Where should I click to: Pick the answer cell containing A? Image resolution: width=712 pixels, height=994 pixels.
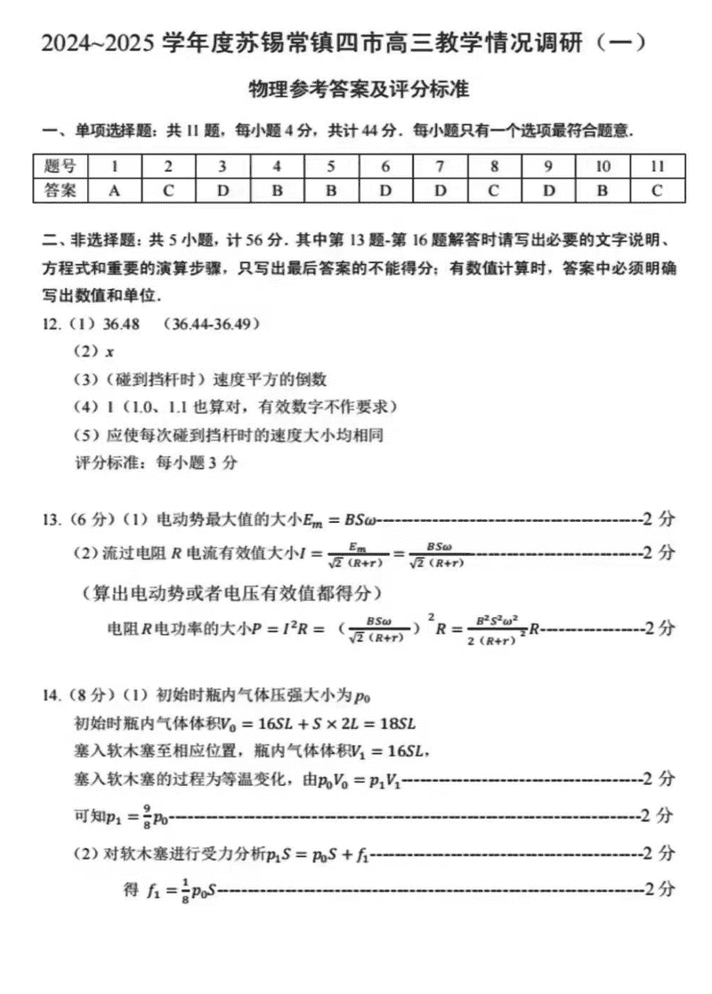114,189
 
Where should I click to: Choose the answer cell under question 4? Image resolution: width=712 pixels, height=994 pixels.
277,189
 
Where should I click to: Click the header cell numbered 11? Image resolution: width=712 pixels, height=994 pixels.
657,166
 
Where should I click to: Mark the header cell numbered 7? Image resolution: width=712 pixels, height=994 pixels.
440,166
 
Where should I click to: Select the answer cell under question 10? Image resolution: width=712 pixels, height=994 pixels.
603,189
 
